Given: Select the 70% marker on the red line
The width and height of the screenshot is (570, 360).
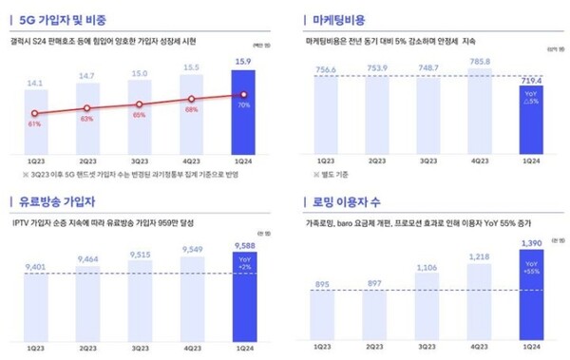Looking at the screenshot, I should point(244,94).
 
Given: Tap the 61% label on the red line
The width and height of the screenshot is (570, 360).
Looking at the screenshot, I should point(34,123).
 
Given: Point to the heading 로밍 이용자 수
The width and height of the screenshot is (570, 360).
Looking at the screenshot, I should point(349,201).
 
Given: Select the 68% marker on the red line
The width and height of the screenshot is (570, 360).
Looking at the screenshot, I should point(191,98).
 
